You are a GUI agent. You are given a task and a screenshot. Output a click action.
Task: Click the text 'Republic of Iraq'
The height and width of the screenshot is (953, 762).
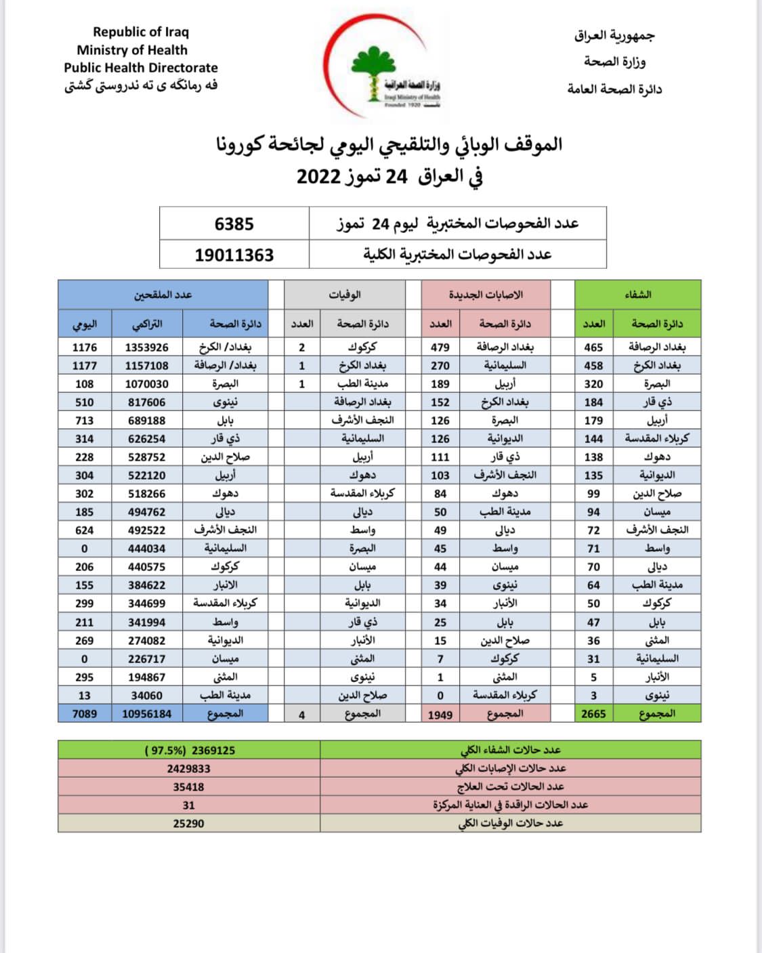click(141, 32)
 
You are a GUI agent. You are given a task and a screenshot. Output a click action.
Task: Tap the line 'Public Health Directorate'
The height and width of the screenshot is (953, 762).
click(141, 68)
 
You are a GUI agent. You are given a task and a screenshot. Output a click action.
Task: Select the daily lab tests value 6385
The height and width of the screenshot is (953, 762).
click(234, 224)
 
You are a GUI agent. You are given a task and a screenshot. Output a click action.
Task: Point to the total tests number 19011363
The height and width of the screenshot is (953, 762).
click(234, 255)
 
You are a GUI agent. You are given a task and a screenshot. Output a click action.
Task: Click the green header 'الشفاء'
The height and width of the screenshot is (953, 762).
click(637, 295)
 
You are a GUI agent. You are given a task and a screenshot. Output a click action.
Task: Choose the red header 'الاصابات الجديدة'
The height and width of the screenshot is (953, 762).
click(486, 295)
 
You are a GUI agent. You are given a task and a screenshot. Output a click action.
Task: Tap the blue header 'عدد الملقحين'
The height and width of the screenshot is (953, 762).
click(163, 295)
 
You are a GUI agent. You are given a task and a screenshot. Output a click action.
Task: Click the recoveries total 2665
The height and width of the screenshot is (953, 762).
click(593, 714)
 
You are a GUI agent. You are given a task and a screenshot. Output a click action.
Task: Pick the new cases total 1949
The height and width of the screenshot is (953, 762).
click(440, 715)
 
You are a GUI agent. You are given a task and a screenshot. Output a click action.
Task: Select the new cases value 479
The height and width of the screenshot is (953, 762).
click(440, 347)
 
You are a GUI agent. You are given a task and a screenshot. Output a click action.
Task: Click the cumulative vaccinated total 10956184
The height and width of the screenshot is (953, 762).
click(147, 714)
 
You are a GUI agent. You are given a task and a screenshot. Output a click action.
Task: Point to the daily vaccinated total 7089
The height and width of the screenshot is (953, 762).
click(85, 714)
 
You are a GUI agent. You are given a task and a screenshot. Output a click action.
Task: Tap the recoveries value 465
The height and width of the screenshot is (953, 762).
click(593, 347)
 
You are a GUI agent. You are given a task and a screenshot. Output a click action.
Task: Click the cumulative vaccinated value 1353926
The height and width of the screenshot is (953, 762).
click(147, 347)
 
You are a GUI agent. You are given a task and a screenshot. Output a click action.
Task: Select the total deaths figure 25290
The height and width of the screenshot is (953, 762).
click(188, 824)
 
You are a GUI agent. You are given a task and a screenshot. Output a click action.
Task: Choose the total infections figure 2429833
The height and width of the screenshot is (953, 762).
click(188, 769)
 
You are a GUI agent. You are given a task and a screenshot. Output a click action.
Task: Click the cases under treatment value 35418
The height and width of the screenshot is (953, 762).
click(188, 787)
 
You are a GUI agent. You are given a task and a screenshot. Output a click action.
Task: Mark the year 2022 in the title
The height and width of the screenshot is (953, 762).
click(318, 177)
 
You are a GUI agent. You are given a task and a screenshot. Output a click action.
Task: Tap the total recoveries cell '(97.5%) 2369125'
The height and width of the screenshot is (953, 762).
click(190, 750)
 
